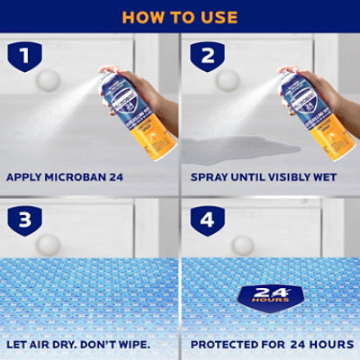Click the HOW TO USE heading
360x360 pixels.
(179, 17)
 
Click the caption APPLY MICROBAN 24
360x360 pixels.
(69, 177)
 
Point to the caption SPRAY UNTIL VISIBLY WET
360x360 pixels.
(264, 177)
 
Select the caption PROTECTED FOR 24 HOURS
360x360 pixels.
(267, 343)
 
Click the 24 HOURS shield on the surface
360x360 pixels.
(271, 295)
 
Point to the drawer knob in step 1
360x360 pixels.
(48, 80)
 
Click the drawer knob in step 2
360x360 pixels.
(228, 80)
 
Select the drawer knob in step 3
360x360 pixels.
(48, 244)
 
